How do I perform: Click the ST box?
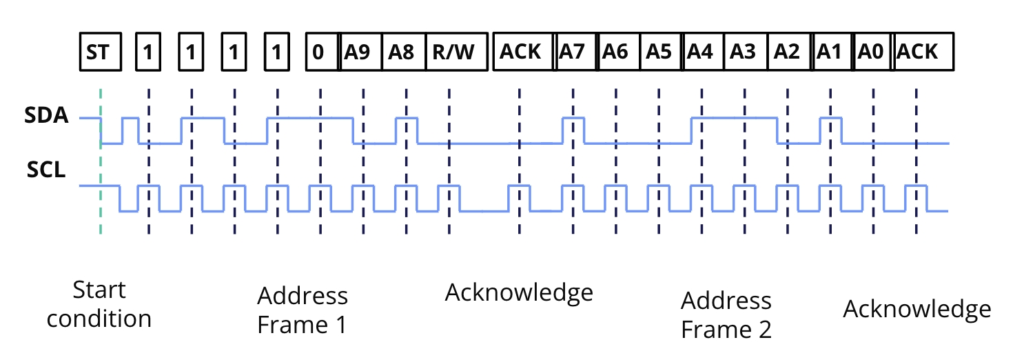pos(101,52)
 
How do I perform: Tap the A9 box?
pos(361,52)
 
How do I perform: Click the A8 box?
pos(404,52)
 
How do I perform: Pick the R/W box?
pos(456,52)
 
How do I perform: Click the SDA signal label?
pos(46,117)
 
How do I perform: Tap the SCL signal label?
pos(46,171)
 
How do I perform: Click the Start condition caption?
pos(99,304)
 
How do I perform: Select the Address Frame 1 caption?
pos(302,310)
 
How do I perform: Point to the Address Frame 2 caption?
pos(726,315)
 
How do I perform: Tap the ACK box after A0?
pos(924,52)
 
